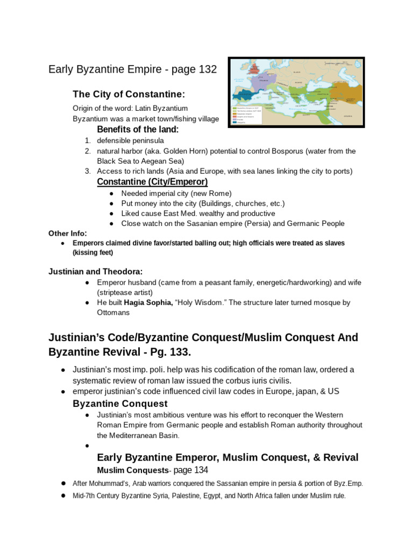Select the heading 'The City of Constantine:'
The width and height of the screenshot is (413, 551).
point(129,94)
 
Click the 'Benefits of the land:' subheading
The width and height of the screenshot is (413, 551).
point(138,130)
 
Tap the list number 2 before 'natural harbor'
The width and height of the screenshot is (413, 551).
point(87,151)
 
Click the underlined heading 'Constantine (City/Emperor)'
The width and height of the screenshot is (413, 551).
point(152,182)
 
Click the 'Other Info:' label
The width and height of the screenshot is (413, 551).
point(67,233)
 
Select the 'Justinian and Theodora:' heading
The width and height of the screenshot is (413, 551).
point(96,271)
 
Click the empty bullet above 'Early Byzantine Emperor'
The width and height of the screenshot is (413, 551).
point(87,446)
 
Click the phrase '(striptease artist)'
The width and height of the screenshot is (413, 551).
point(125,292)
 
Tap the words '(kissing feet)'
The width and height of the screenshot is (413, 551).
point(93,252)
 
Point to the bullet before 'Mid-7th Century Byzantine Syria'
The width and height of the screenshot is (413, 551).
point(63,496)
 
